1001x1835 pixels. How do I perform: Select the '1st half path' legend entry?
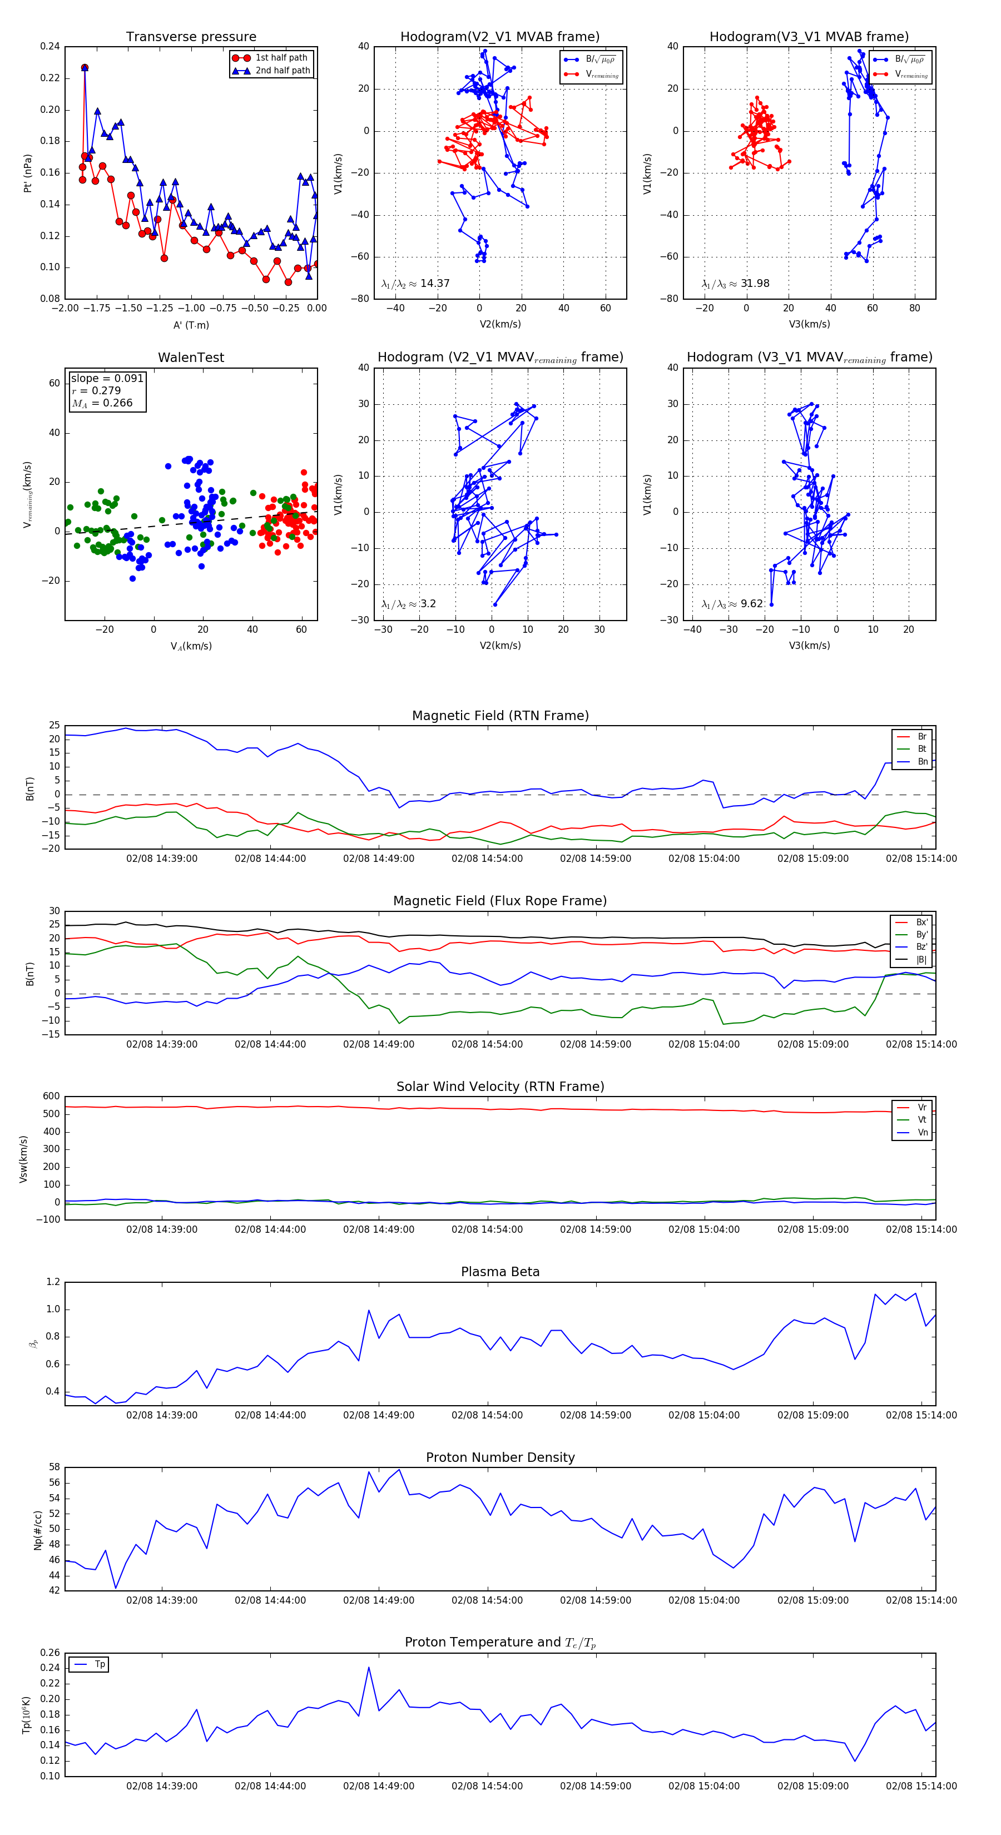point(281,58)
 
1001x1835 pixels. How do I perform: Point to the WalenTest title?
point(191,358)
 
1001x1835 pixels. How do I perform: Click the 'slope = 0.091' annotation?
point(107,378)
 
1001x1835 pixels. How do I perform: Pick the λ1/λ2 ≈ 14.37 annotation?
point(415,284)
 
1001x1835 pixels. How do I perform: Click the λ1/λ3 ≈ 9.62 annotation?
point(732,604)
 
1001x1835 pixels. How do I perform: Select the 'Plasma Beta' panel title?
point(500,1272)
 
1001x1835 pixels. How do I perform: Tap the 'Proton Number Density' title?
point(500,1457)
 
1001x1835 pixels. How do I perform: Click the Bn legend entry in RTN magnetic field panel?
point(922,761)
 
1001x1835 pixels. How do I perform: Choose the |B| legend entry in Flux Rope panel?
point(920,960)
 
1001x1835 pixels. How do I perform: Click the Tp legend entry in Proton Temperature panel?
point(99,1665)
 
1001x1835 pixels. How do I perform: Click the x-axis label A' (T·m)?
point(191,325)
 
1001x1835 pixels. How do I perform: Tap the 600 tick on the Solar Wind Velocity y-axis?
point(51,1097)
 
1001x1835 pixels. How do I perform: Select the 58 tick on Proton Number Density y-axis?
point(54,1467)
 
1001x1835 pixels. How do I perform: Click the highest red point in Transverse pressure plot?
point(85,68)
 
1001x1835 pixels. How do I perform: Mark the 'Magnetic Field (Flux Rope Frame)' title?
point(500,901)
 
